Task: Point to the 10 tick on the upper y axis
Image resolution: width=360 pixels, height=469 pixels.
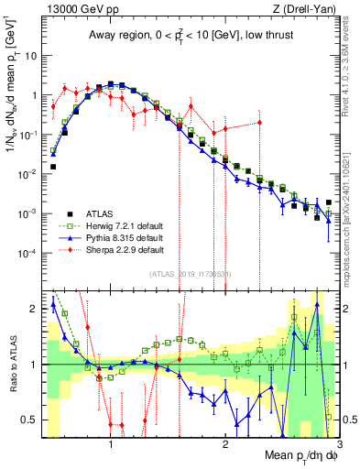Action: [30, 55]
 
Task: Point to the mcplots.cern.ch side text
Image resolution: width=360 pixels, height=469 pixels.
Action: [352, 211]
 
